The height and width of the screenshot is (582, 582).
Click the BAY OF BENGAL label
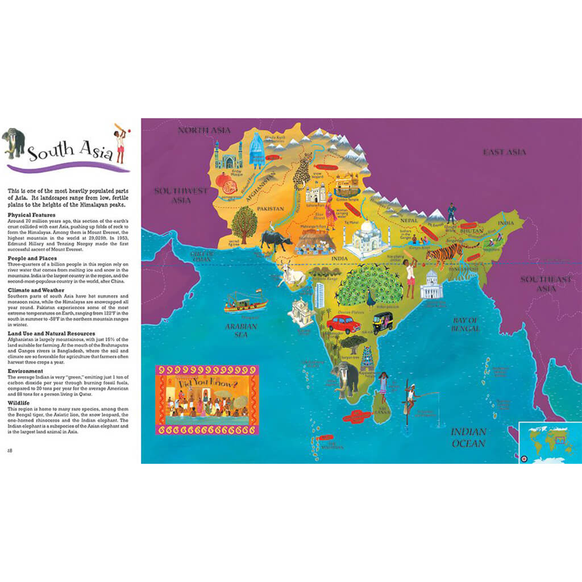466,324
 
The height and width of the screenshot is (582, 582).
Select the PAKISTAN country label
270,209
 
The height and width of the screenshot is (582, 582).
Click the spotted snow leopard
302,170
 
